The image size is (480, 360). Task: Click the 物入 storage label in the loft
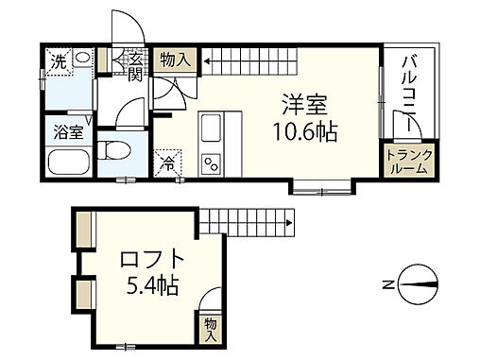tap(211, 329)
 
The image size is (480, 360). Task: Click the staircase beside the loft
tap(243, 220)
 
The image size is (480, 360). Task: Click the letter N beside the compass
tap(387, 283)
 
